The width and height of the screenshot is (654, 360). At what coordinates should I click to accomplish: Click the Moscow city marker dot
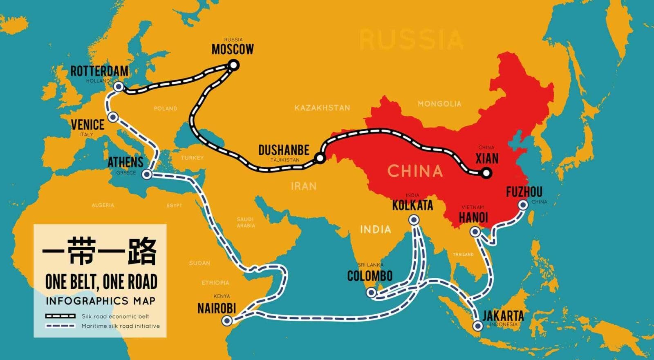pos(233,65)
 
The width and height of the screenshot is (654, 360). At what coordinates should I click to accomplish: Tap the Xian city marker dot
pos(486,173)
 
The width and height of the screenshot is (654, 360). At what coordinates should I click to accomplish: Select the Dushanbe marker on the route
pos(320,158)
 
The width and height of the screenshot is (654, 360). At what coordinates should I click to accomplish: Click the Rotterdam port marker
pos(119,87)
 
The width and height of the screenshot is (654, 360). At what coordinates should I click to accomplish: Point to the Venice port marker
pos(113,117)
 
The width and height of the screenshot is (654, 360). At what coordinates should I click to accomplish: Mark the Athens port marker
pos(147,175)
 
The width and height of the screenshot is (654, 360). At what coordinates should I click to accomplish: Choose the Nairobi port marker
pos(227,320)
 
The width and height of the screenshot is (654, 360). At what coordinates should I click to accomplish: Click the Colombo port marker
pos(371,293)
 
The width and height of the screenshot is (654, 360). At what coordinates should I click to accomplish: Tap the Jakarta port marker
pos(477,326)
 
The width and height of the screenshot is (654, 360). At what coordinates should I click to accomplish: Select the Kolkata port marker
pos(414,220)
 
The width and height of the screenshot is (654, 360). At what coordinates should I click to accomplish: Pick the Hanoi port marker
pos(475,232)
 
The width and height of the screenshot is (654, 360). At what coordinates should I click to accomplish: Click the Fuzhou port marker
pos(523,205)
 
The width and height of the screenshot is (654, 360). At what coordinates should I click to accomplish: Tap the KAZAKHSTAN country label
pos(322,108)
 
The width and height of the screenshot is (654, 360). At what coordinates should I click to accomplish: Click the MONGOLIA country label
pos(439,104)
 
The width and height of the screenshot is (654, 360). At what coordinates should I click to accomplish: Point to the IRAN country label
pos(304,186)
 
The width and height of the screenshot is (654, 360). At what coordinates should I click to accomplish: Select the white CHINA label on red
pos(415,171)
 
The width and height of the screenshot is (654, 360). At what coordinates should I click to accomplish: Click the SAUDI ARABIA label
pos(246,222)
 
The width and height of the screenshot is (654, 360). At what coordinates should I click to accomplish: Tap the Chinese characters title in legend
pos(99,251)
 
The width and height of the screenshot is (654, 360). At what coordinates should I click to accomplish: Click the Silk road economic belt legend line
pos(60,316)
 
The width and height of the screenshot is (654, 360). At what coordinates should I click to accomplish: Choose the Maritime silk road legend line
pos(60,326)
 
